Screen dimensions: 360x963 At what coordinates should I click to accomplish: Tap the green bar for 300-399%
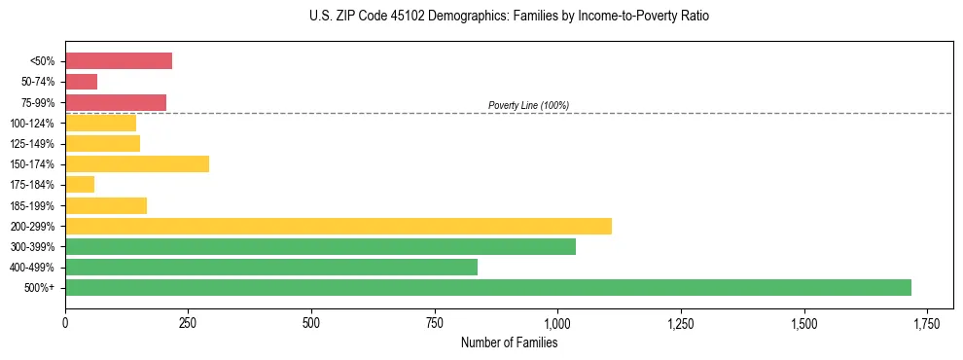(x=320, y=246)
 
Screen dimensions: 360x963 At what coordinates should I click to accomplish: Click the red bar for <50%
(x=119, y=61)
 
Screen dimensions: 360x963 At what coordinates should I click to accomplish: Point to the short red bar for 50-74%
(x=81, y=82)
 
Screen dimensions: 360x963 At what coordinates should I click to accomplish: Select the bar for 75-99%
(x=116, y=102)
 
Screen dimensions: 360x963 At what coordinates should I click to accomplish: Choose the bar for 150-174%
(x=137, y=163)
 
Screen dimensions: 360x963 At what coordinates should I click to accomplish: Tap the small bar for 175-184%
(x=80, y=184)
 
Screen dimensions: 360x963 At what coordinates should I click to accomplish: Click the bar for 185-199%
(x=106, y=205)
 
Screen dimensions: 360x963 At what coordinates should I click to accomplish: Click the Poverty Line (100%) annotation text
(x=528, y=105)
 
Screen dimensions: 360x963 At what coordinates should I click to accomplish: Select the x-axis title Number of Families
(x=509, y=342)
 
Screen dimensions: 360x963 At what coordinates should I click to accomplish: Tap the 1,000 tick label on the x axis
(x=557, y=322)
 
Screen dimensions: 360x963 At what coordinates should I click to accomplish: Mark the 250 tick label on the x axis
(x=189, y=322)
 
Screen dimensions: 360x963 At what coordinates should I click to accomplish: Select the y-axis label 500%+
(x=40, y=288)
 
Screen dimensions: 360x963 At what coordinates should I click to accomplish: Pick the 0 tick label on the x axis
(x=65, y=322)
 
